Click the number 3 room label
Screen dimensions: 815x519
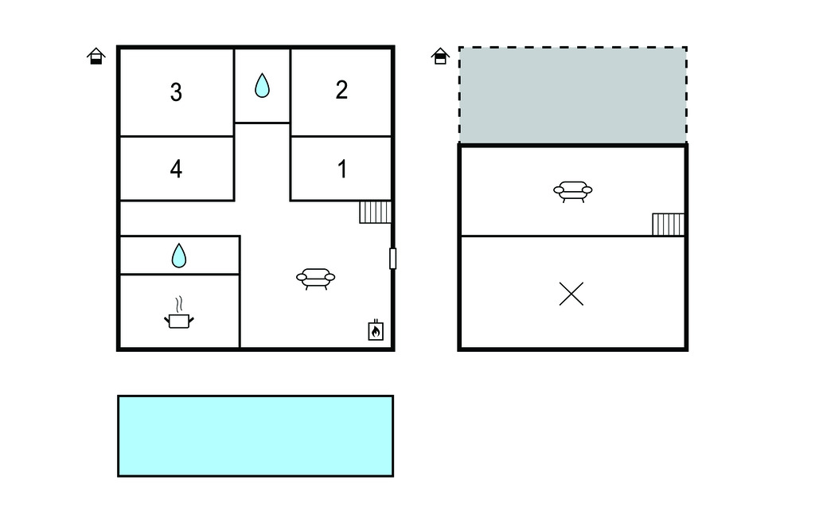pos(176,92)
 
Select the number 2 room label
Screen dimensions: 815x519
pos(341,90)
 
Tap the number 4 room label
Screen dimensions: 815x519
pos(176,169)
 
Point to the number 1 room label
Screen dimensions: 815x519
pos(342,169)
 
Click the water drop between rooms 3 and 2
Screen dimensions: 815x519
pos(262,86)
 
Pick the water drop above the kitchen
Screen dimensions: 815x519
pos(179,256)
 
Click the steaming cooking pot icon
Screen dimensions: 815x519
pos(179,314)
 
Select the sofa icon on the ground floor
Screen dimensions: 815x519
pos(315,279)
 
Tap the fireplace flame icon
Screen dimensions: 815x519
pos(376,330)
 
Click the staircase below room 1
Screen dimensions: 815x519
pos(375,213)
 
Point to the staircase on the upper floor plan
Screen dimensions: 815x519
pos(668,224)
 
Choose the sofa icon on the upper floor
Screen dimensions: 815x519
pos(573,191)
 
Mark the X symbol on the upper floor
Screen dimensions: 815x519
pos(571,294)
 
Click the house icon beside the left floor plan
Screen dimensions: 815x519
pos(96,57)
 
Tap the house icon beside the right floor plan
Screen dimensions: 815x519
pos(440,57)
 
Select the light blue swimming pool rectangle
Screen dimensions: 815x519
pos(255,435)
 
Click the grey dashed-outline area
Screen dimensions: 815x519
pos(573,96)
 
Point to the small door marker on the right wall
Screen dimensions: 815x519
pos(393,259)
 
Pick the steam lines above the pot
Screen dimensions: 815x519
pos(179,304)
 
